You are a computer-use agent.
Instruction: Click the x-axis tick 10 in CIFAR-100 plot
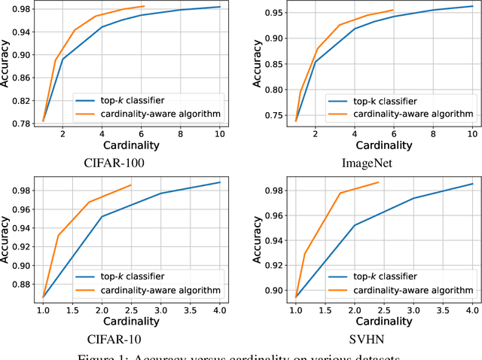(218, 133)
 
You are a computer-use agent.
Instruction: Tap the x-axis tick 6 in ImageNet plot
(392, 133)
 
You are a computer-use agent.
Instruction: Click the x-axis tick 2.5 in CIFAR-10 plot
(131, 310)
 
